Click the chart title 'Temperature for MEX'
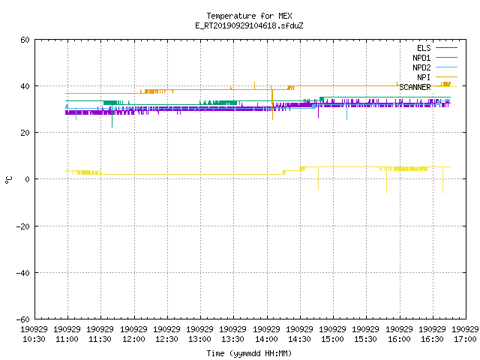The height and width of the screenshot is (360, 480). tap(249, 16)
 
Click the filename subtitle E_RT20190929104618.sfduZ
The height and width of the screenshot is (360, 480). tap(249, 25)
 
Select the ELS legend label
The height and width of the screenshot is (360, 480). tap(424, 48)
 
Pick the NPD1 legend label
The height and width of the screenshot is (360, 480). tap(421, 58)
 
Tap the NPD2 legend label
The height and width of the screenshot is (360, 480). tap(421, 67)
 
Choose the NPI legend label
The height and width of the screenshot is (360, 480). tap(424, 77)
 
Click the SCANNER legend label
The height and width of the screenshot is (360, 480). tap(415, 87)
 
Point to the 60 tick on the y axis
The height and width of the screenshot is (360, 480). tap(25, 40)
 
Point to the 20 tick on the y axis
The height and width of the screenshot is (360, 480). tap(25, 133)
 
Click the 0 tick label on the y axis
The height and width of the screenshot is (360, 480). tap(28, 179)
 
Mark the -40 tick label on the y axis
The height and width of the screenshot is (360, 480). tap(23, 273)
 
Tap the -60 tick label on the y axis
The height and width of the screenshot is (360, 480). tap(23, 319)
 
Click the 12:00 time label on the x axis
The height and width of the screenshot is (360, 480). tap(133, 339)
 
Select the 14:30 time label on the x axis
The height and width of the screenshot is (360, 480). tap(299, 339)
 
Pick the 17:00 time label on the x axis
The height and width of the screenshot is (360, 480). tap(465, 339)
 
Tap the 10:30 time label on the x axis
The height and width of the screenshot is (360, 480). tap(34, 339)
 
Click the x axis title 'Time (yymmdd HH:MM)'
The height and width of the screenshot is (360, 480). tap(249, 353)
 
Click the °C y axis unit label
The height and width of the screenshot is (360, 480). tap(8, 180)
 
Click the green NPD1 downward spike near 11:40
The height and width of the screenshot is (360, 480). tap(112, 115)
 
